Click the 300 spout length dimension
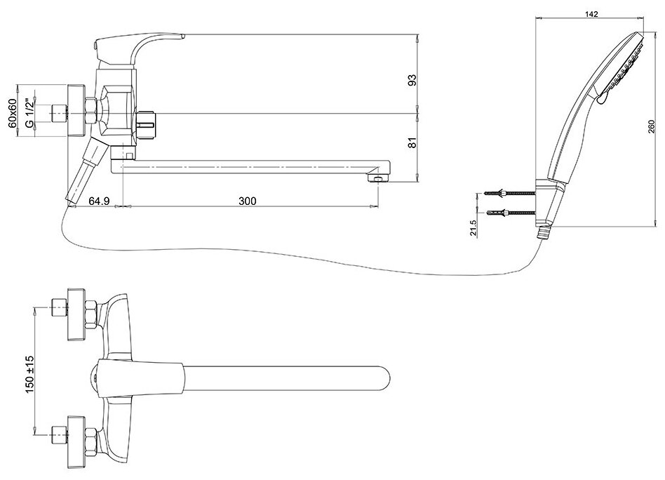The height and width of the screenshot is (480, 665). pos(247,201)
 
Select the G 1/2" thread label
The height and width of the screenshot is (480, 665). pos(29,112)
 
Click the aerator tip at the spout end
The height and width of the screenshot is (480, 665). pos(377,180)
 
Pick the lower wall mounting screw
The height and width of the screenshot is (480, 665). pos(512,212)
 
